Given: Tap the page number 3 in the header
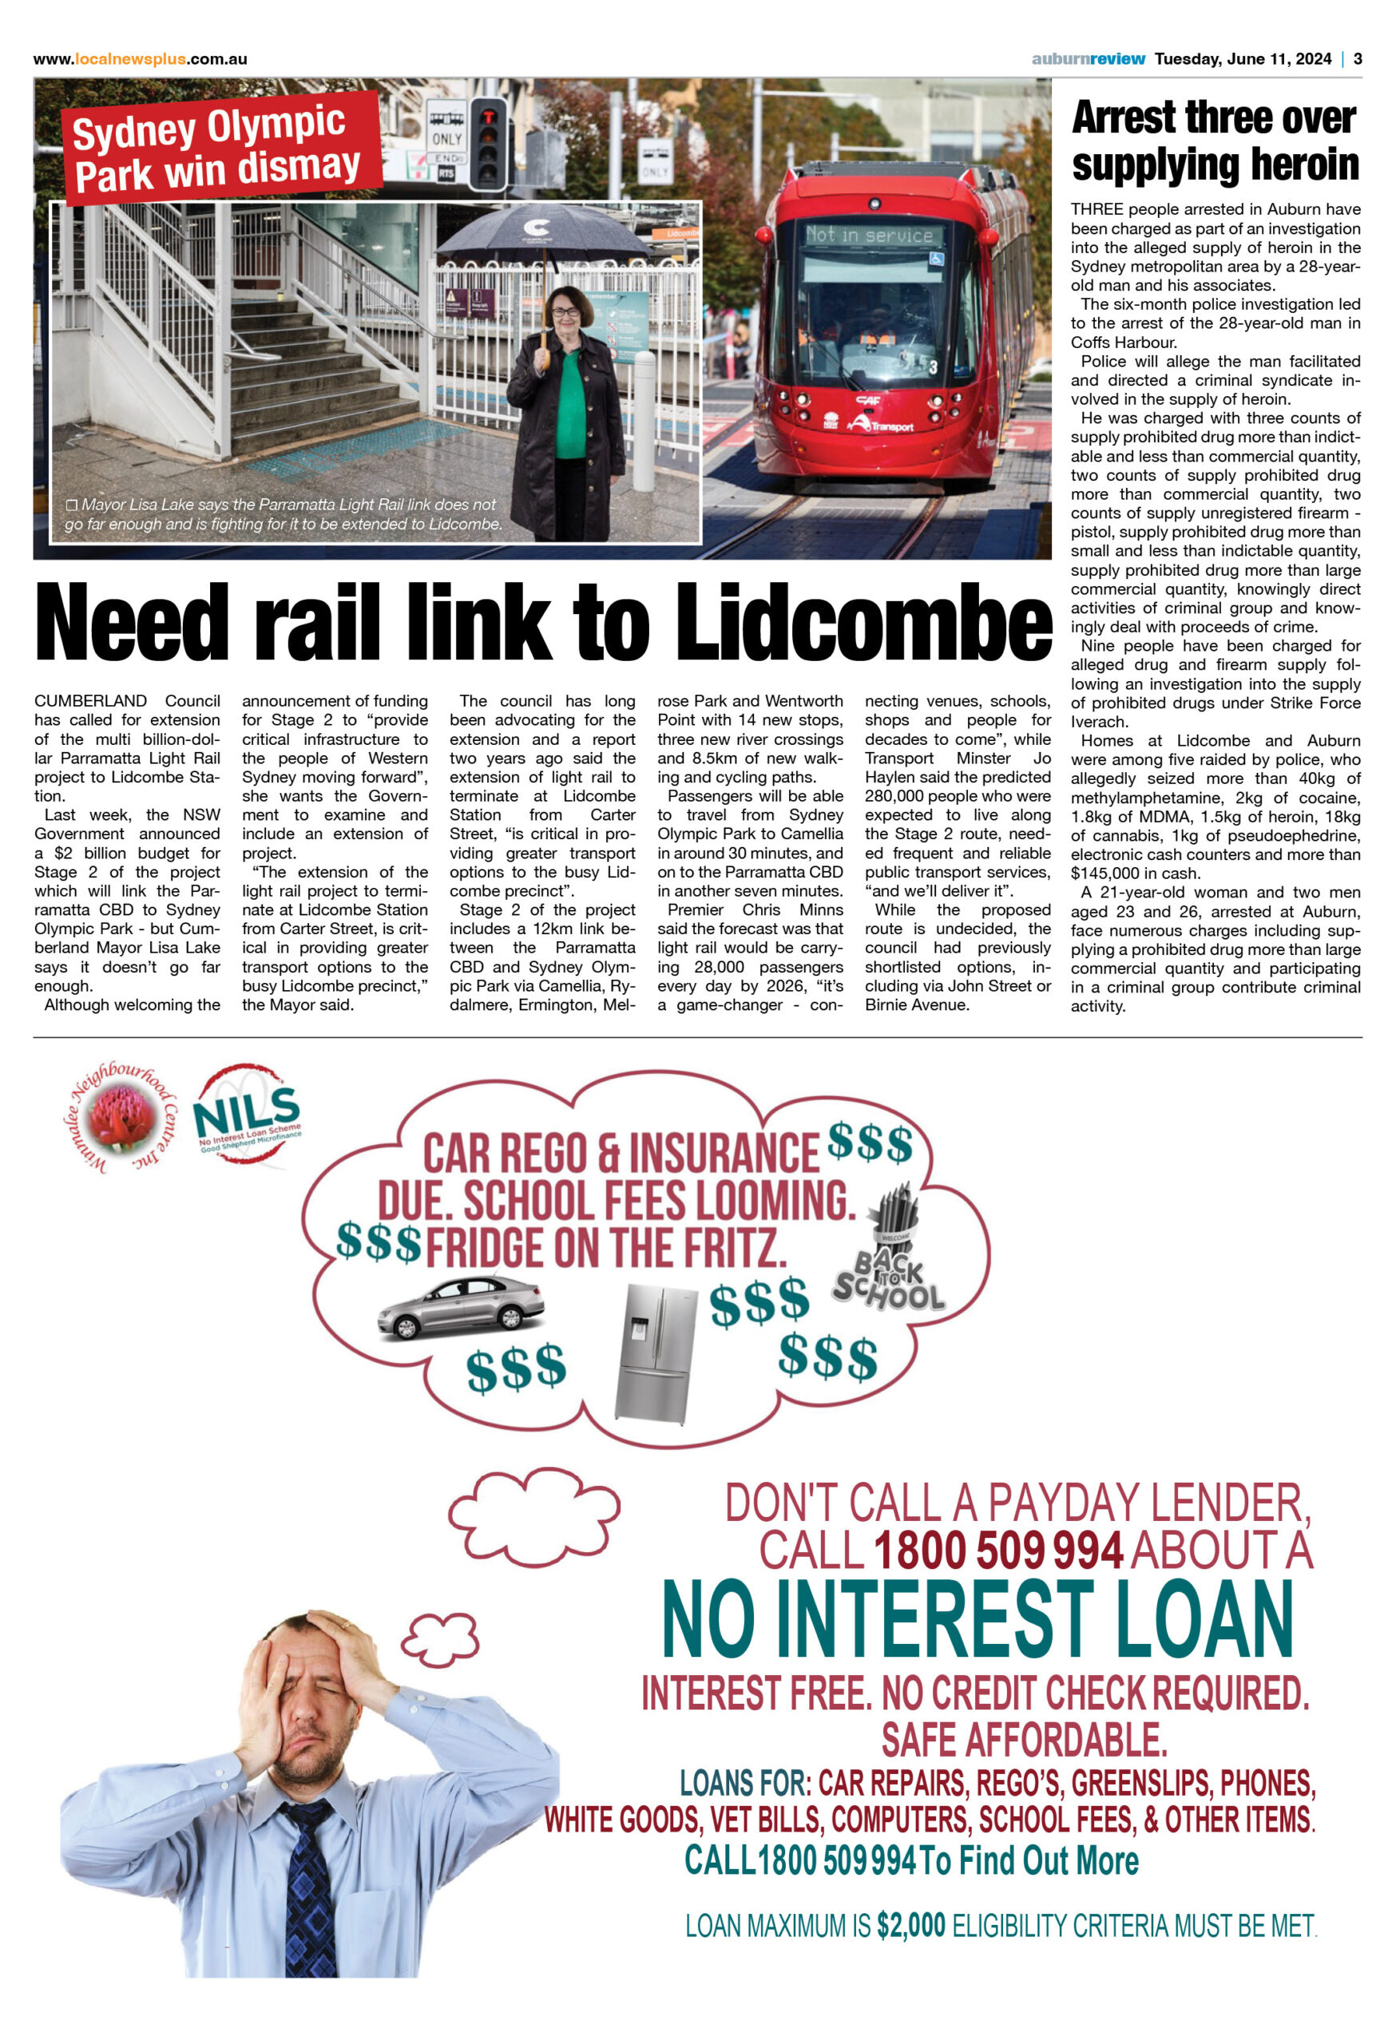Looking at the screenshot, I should pos(1358,59).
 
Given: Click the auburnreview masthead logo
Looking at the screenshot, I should pos(1088,59).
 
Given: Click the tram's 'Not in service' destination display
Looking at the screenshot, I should pos(869,235).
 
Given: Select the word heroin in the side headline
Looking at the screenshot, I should pos(1303,164).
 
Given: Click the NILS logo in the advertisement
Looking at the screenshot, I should pos(248,1115).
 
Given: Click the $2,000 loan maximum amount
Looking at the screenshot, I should pos(910,1925).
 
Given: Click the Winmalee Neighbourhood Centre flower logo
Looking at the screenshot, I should pos(122,1118).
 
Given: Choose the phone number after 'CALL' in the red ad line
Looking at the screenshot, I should pos(998,1551).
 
